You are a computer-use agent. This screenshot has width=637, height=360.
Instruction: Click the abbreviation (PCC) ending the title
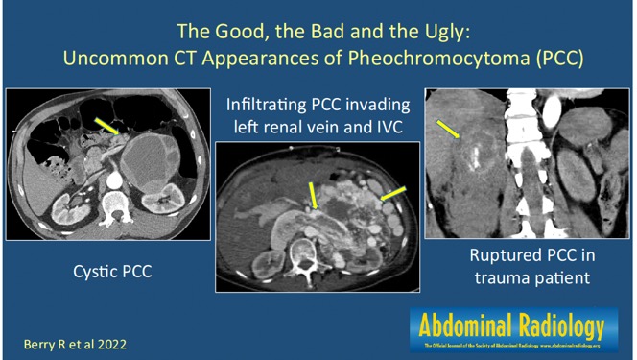click(559, 58)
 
